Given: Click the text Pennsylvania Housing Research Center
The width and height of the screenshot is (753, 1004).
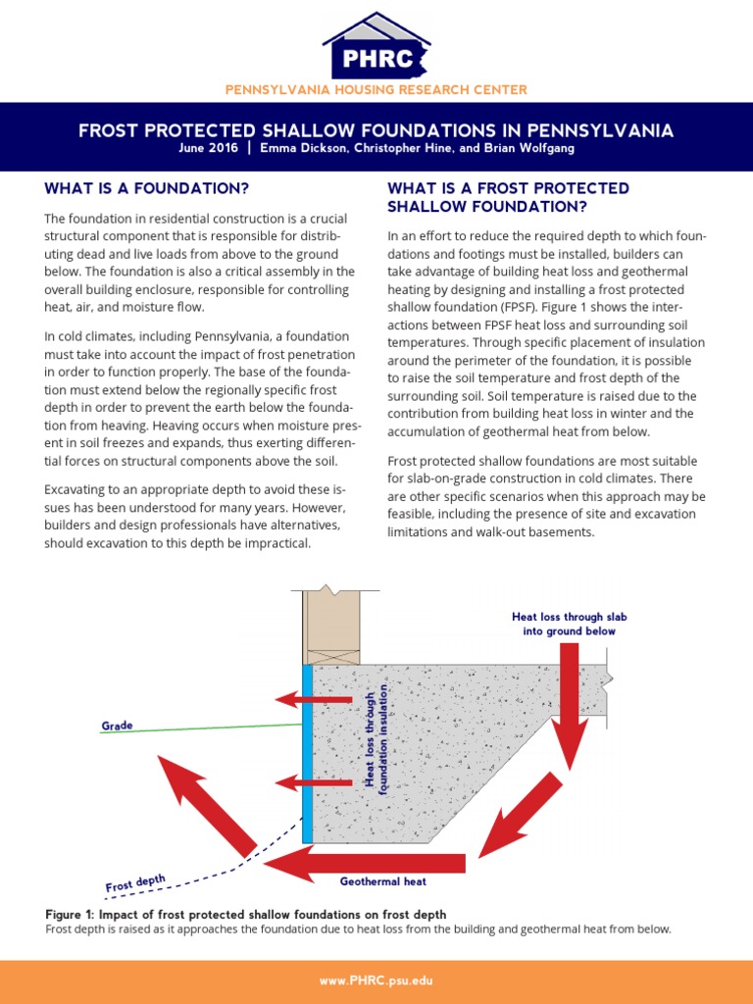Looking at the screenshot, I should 376,89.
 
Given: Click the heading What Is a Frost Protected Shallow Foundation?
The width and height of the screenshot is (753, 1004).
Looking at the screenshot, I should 508,197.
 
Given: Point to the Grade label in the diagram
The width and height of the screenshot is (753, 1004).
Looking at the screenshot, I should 118,727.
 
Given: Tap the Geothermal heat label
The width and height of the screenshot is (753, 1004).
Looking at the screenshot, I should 383,881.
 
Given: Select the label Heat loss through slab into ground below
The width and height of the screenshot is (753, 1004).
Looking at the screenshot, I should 569,624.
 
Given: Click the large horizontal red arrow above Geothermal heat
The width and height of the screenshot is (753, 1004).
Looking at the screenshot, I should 365,862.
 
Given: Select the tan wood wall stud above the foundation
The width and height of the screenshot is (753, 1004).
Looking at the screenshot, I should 333,627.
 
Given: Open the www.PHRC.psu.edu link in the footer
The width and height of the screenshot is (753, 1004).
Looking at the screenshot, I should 376,980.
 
